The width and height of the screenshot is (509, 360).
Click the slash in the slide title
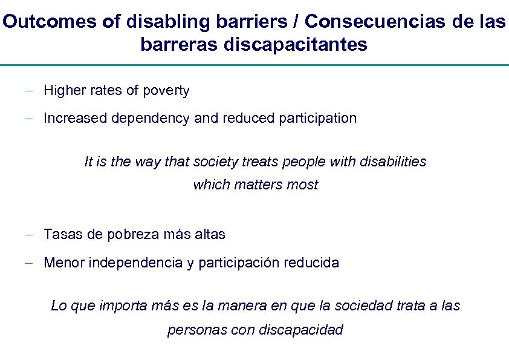coord(296,22)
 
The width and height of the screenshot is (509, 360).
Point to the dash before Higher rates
coord(28,91)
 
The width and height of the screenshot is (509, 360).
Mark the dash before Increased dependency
coord(28,119)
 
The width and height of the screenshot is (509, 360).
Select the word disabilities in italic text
coord(393,162)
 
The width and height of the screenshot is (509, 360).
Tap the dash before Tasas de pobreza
coord(28,235)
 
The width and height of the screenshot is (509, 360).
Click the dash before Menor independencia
coord(28,263)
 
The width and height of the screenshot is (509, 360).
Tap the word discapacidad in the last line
coord(300,330)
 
